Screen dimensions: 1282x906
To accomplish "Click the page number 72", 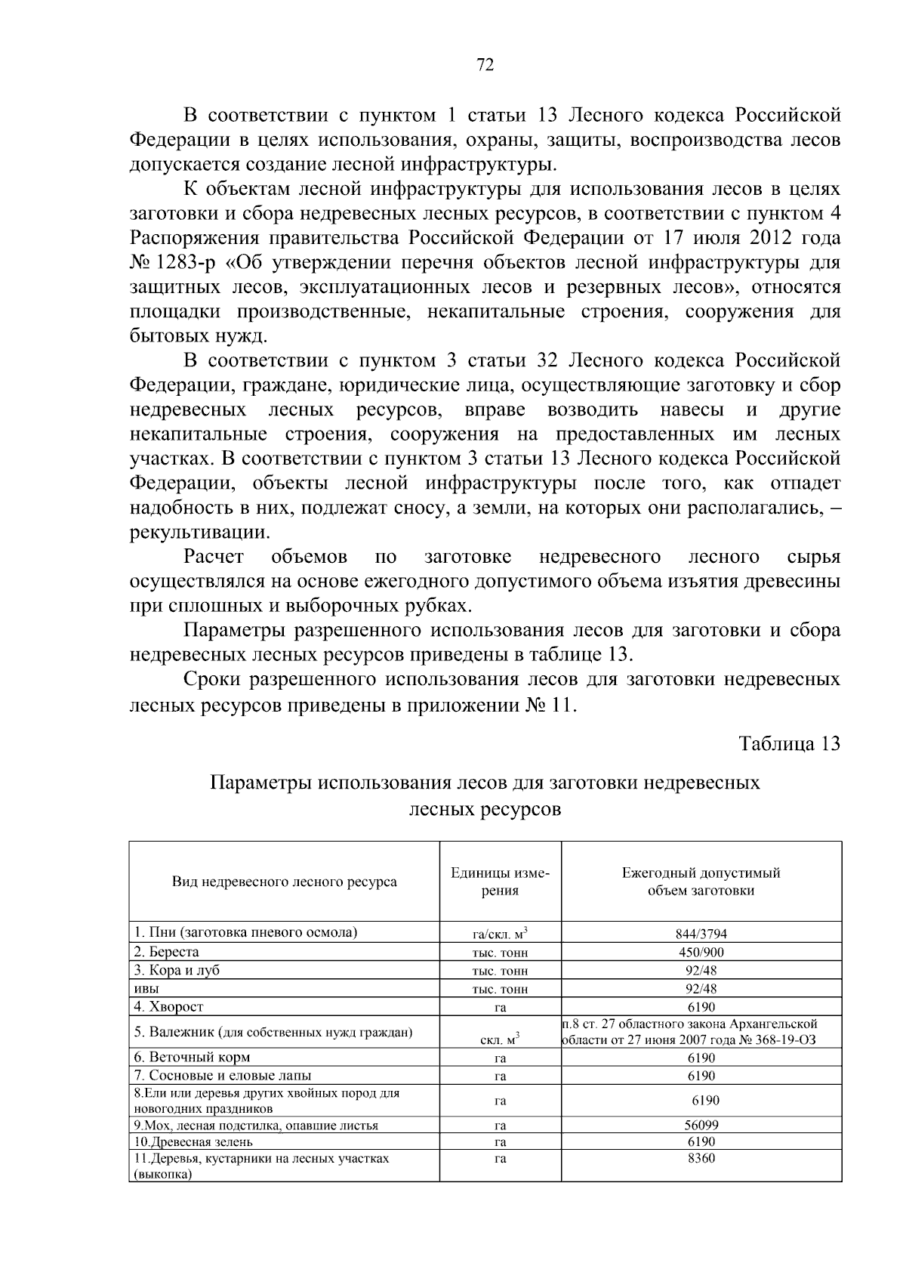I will click(485, 66).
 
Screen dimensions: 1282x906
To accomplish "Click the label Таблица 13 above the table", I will click(790, 743).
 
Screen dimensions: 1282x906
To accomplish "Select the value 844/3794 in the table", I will click(701, 934).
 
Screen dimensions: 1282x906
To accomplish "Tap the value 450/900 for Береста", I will click(701, 953).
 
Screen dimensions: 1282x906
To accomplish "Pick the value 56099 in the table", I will click(701, 1125).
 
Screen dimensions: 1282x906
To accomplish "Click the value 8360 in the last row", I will click(701, 1158).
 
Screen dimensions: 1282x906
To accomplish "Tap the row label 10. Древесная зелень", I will click(193, 1141).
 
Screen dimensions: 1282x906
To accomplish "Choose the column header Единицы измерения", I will click(500, 882).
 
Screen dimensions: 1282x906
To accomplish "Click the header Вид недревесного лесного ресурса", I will click(284, 882).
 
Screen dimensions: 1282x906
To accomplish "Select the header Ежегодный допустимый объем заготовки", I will click(701, 882).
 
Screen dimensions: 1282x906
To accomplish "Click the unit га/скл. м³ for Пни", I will click(500, 934).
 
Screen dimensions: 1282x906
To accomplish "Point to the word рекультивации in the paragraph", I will click(199, 532).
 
